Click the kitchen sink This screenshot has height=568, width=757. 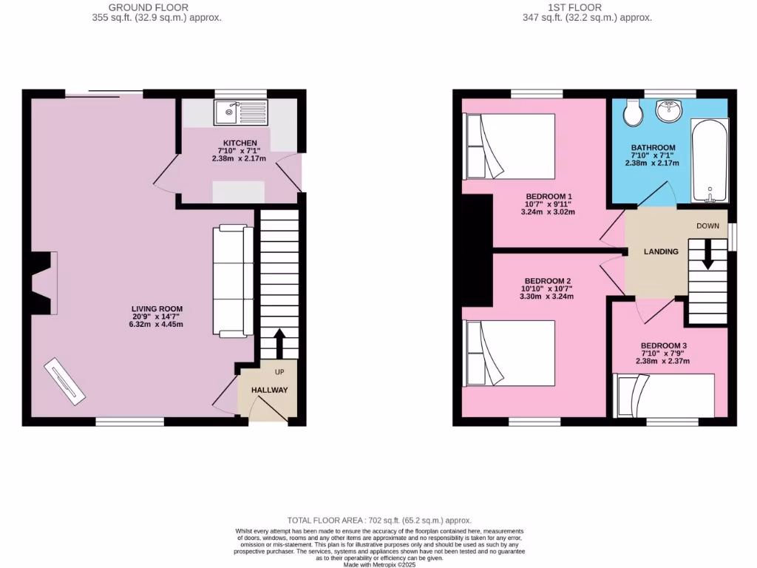point(242,112)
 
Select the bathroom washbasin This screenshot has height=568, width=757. point(670,112)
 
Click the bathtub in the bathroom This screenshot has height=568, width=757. point(710,159)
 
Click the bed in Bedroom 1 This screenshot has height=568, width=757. point(509,146)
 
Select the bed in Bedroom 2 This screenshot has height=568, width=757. point(509,353)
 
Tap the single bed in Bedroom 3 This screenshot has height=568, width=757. point(664,396)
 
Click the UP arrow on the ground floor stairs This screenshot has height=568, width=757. point(279,342)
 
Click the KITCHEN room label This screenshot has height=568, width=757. point(240,143)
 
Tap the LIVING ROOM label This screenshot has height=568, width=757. point(157,308)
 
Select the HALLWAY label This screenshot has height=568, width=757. point(269,390)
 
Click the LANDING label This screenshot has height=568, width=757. point(661,251)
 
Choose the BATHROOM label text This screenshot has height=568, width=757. point(653,148)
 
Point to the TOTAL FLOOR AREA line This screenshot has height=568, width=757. point(378,521)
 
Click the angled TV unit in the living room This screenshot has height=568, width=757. point(64,381)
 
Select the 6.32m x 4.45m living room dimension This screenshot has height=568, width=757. point(157,324)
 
